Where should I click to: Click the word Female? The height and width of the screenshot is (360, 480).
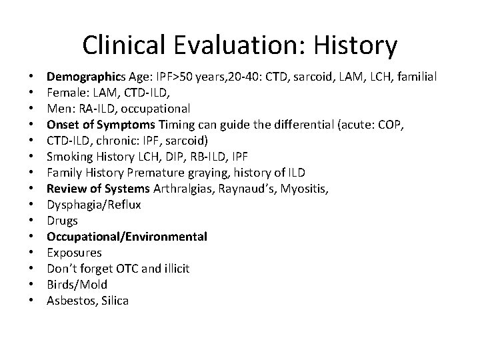[65, 93]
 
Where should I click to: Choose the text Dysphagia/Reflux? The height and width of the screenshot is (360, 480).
[93, 205]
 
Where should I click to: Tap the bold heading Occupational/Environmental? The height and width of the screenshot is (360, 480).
[127, 237]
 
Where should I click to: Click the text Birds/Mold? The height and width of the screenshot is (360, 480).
[77, 285]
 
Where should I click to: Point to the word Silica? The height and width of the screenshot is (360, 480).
[112, 301]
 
